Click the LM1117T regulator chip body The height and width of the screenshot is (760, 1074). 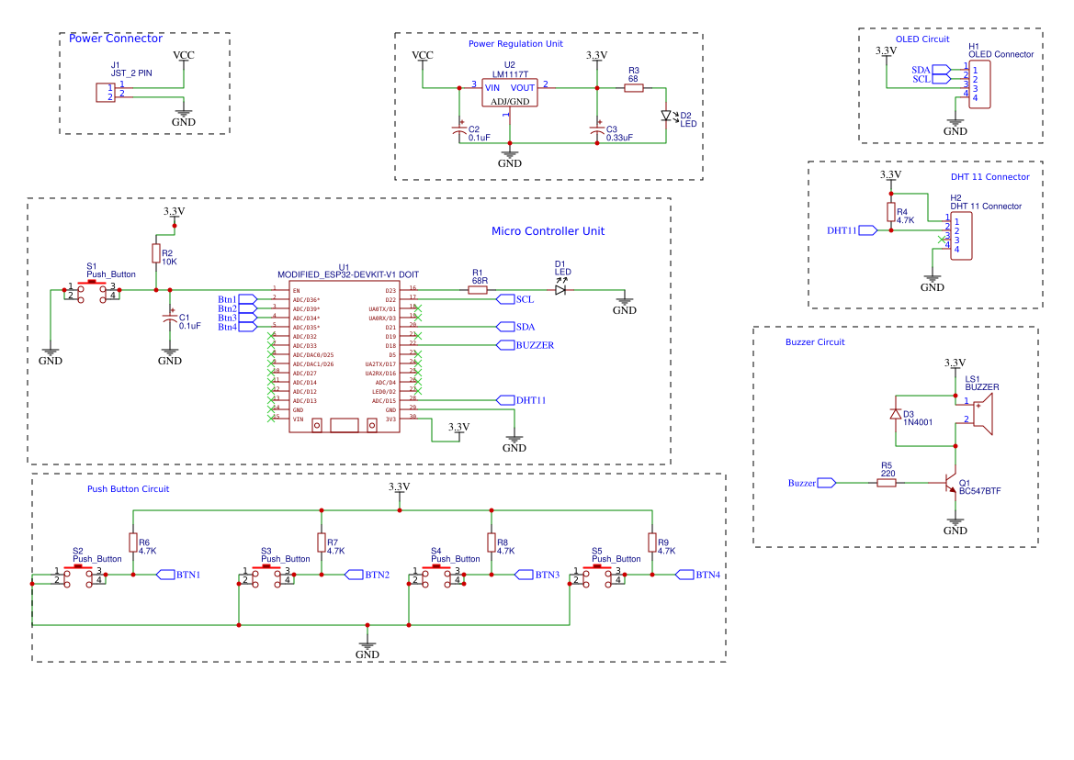pyautogui.click(x=510, y=93)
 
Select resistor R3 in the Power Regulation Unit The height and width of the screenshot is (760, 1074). pyautogui.click(x=633, y=88)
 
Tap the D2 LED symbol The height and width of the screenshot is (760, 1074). pyautogui.click(x=667, y=117)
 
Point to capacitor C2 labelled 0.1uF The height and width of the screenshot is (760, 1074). pyautogui.click(x=459, y=132)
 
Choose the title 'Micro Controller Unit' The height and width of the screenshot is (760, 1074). pyautogui.click(x=548, y=231)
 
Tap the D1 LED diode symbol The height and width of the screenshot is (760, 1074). pyautogui.click(x=560, y=290)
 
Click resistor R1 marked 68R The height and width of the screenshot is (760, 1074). pyautogui.click(x=478, y=290)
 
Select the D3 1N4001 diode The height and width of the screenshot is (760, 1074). pyautogui.click(x=896, y=414)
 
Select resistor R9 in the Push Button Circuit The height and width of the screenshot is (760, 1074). pyautogui.click(x=651, y=542)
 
